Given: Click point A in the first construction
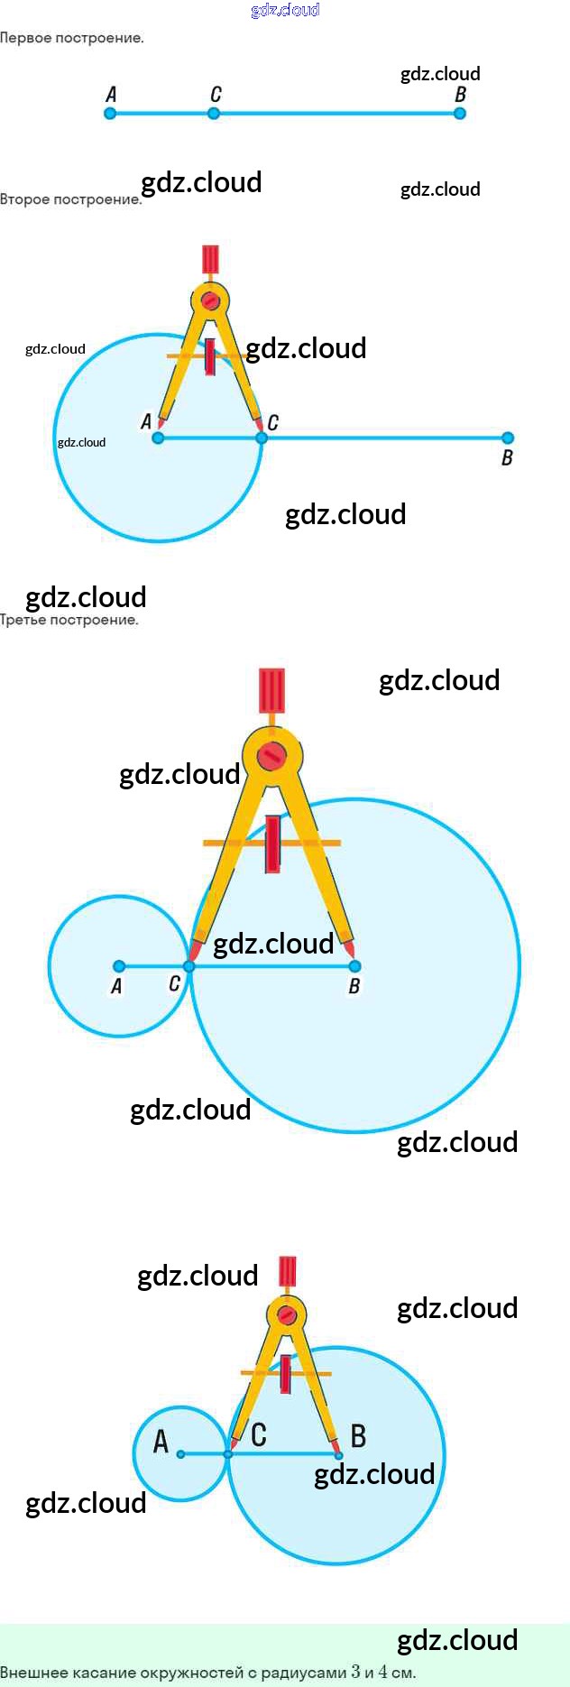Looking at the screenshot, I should coord(110,114).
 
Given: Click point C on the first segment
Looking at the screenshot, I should coord(214,114).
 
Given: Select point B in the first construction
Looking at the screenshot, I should coord(460,114).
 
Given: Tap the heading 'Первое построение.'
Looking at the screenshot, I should coord(72,38).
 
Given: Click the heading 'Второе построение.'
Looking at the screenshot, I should coord(70,199).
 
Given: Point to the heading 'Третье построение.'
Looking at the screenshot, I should coord(69,620).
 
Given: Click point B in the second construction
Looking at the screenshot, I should coord(508,438).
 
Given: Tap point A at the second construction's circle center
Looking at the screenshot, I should coord(158,438).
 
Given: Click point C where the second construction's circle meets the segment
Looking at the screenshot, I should coord(262,438).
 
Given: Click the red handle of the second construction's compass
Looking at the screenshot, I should coord(210,259).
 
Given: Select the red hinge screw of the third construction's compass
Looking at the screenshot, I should coord(271,756).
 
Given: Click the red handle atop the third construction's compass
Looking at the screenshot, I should coord(271,691).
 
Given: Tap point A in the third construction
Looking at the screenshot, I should coord(119,966).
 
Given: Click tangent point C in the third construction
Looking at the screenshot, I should coord(188,966).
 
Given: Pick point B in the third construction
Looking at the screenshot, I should coord(354,966).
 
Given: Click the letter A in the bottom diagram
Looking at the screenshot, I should coord(161,1442).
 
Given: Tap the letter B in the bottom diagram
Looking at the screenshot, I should coord(358,1435).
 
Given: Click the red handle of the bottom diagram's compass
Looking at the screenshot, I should coord(287,1271).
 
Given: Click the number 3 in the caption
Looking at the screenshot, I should coord(355,1672).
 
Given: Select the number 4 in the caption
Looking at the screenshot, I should coord(383,1672).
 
